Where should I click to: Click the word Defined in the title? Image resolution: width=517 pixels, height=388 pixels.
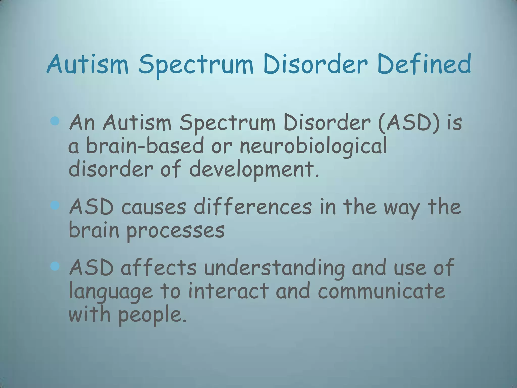point(424,64)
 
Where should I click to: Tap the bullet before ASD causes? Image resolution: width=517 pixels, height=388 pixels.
point(55,206)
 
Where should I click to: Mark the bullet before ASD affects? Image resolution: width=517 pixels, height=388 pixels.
point(55,266)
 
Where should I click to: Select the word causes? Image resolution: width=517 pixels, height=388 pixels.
point(154,207)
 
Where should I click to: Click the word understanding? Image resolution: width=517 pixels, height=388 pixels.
point(274,268)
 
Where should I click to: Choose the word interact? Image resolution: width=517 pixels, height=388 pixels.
point(228,291)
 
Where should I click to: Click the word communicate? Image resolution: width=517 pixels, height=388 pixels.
point(381,291)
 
